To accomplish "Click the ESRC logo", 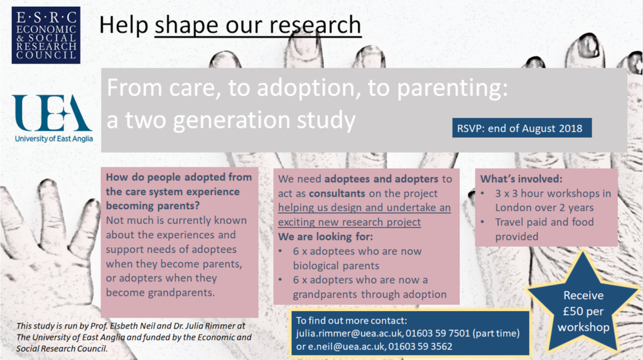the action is [46, 35].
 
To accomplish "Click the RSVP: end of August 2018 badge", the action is [522, 128].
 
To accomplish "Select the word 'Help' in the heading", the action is [124, 25].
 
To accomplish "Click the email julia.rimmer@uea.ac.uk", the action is [349, 333].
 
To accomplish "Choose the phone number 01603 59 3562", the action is [420, 346].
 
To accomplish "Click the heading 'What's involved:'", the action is [521, 179].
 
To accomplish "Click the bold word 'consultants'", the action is [337, 194].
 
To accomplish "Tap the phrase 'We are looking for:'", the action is [326, 237].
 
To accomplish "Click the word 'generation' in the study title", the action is [232, 121].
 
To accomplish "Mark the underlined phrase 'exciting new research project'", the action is [349, 222].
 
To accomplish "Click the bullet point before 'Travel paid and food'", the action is [483, 222].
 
